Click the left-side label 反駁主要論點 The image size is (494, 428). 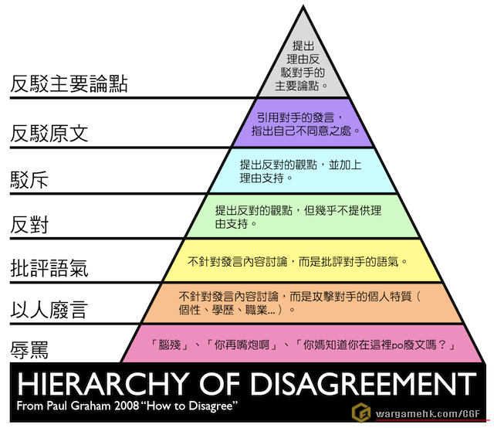(69, 83)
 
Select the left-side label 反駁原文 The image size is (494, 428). (49, 133)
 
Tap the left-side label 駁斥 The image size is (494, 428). (29, 180)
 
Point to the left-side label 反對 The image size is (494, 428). (29, 225)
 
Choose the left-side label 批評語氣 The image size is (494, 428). (49, 268)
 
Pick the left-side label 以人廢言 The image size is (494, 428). (49, 309)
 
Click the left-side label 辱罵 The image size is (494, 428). (29, 350)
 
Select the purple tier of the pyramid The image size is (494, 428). (303, 123)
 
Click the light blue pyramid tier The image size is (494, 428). (303, 171)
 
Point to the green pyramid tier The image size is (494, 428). (303, 216)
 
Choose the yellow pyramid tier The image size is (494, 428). (303, 260)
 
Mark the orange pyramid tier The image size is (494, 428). (303, 304)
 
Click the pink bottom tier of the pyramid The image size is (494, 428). (303, 344)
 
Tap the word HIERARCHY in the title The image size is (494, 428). (103, 383)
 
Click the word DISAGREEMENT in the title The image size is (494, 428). (364, 383)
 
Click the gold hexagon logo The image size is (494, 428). (361, 413)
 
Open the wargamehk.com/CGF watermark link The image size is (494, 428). (428, 413)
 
